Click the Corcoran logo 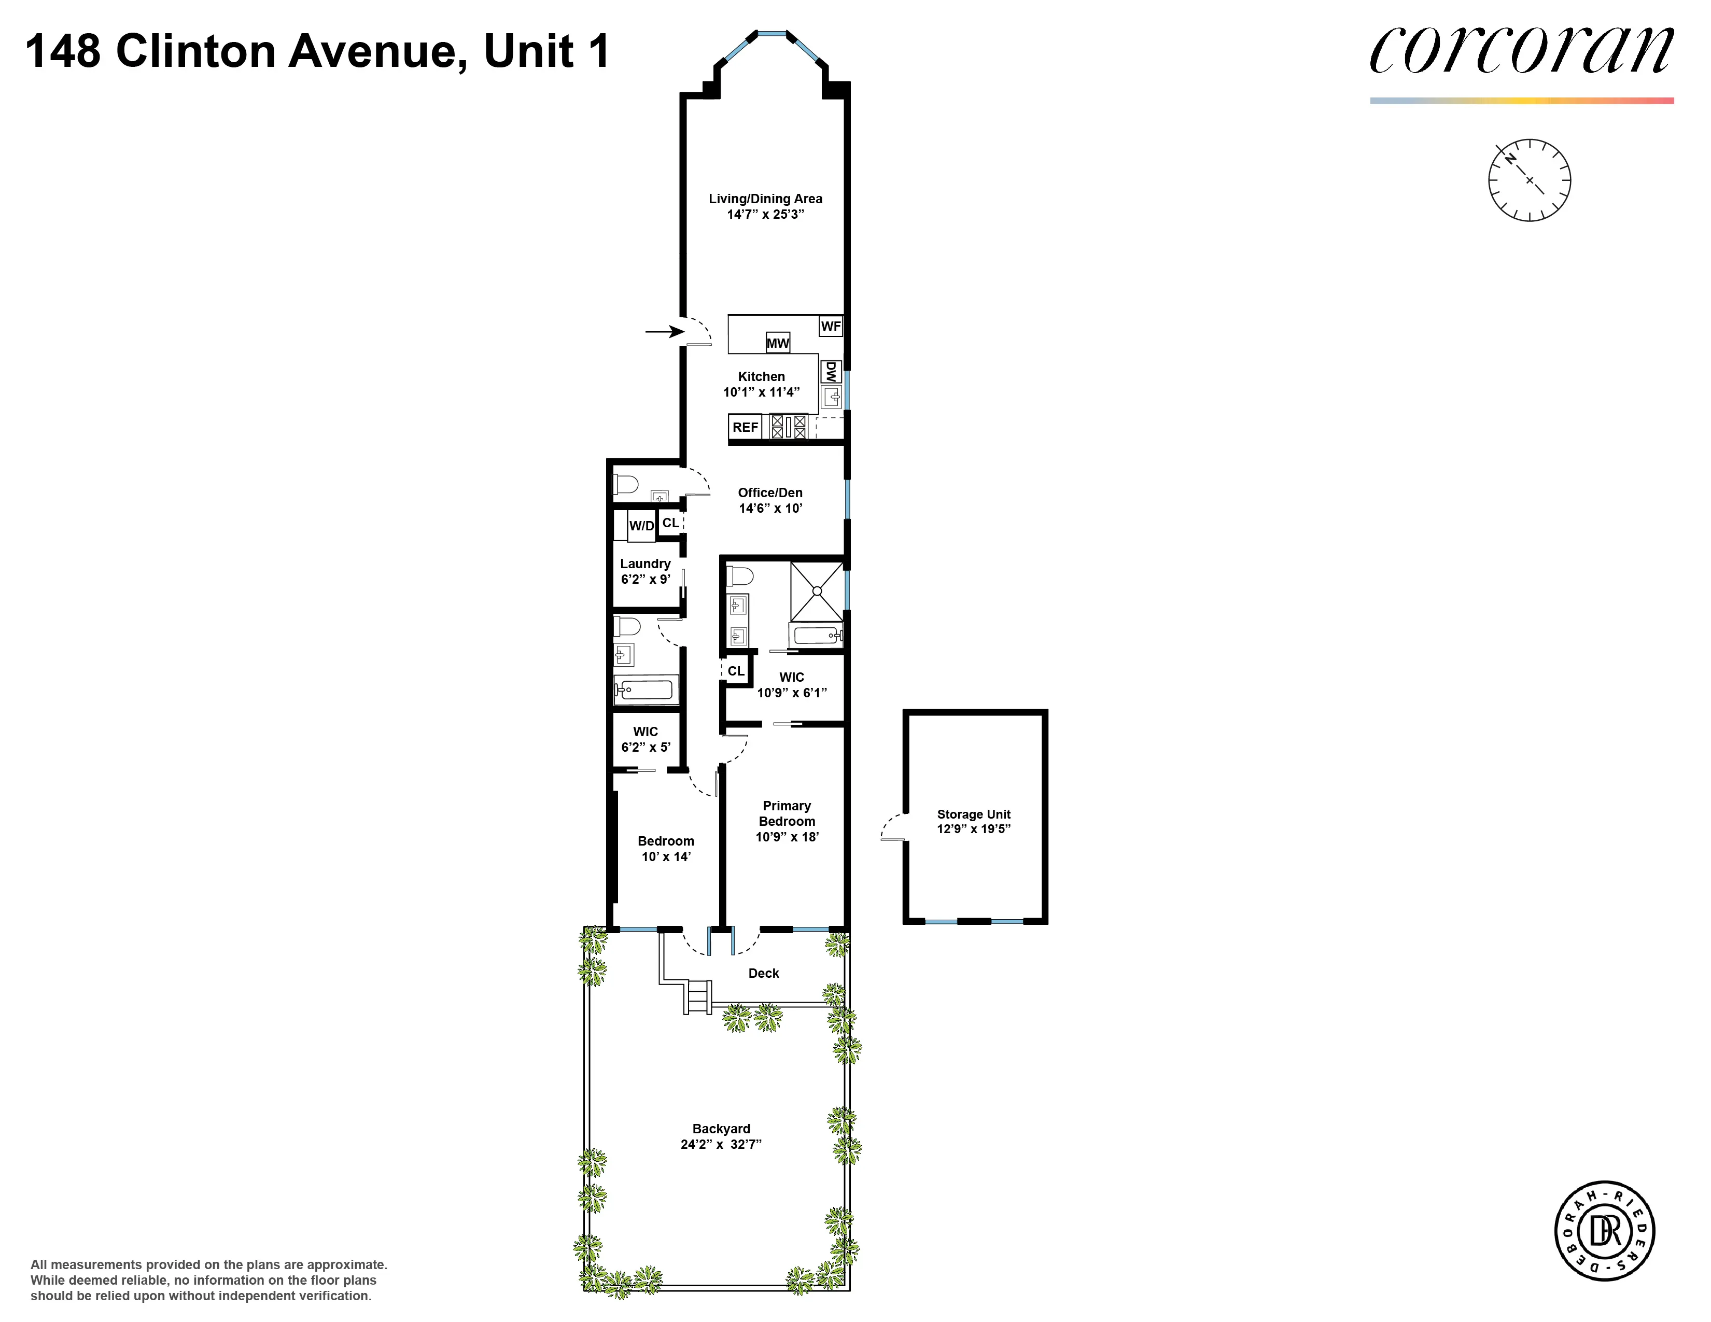(x=1521, y=51)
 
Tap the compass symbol (x=1529, y=180)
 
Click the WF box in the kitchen (x=831, y=326)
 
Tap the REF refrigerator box (x=745, y=427)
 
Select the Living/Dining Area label (x=765, y=199)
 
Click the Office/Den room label (x=770, y=493)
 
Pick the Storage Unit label (x=974, y=814)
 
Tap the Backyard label (x=721, y=1129)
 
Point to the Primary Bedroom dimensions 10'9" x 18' (x=787, y=836)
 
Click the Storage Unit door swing (x=892, y=828)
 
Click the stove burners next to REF (x=788, y=427)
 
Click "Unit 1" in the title (x=546, y=52)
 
